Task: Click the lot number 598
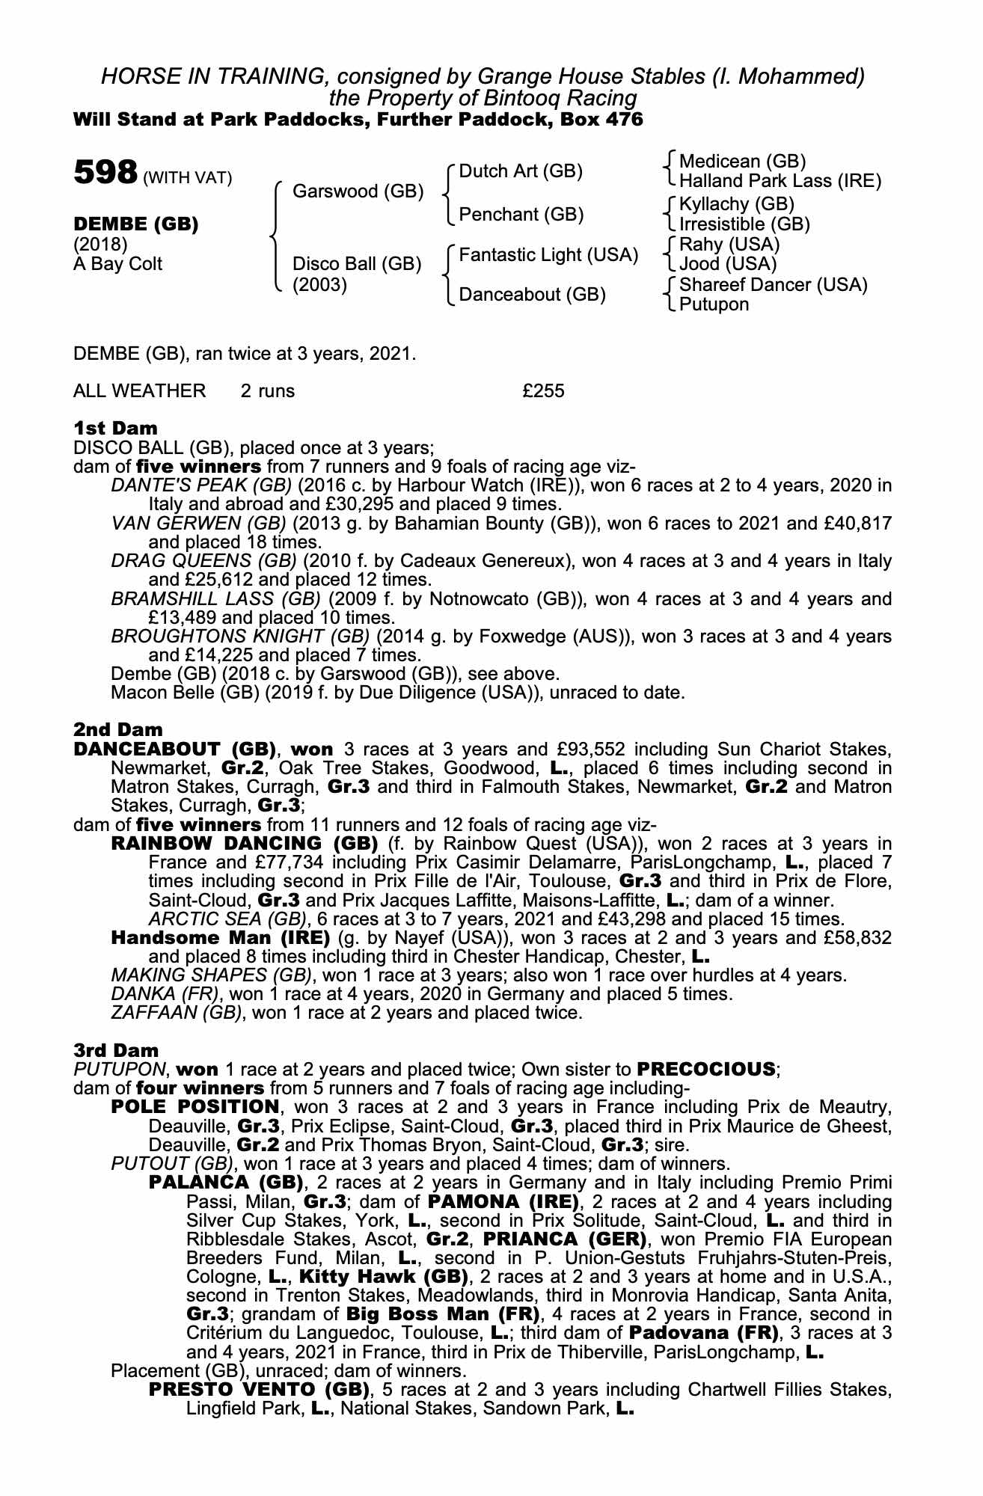[105, 173]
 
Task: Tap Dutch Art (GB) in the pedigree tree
[520, 171]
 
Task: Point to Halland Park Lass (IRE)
[780, 181]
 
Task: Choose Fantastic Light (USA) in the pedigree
[548, 255]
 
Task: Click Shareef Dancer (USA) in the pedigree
[773, 285]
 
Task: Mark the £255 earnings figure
[543, 390]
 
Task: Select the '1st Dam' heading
[116, 429]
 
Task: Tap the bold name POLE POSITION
[195, 1106]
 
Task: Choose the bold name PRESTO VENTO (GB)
[260, 1390]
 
